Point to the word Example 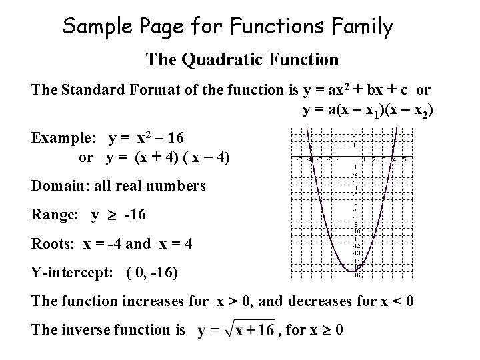(64, 139)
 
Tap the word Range (51, 215)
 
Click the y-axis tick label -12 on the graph (356, 246)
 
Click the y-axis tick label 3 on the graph (355, 130)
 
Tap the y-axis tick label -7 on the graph (356, 210)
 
